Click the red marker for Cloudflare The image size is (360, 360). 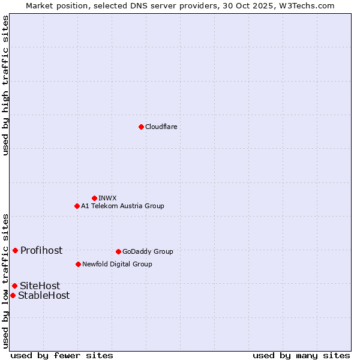pos(141,127)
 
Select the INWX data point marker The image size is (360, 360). pos(94,198)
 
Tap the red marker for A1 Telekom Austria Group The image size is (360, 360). pos(77,206)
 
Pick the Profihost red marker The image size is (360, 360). pos(15,250)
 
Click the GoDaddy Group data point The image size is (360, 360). pos(118,251)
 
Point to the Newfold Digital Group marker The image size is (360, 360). pos(78,264)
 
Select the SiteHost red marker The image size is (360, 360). pos(14,286)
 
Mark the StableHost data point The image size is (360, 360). pos(13,295)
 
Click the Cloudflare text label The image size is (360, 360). pos(161,127)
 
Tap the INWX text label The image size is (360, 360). pos(107,198)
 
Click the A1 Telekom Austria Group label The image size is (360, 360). pos(122,206)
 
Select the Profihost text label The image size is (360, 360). pos(41,250)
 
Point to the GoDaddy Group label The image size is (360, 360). pos(148,251)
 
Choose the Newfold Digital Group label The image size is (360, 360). pos(117,264)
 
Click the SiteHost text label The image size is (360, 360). pos(40,286)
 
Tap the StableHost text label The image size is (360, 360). pos(44,295)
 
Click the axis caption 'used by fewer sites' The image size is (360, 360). pos(62,355)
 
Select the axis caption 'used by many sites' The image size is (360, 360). pos(301,355)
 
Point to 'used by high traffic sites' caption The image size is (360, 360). pos(6,85)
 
